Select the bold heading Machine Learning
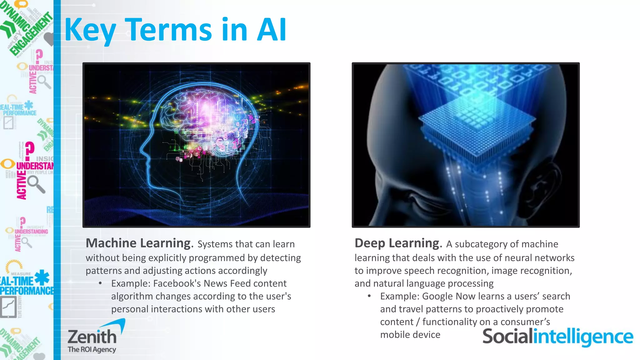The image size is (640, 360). click(138, 243)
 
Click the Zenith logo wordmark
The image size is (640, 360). click(92, 336)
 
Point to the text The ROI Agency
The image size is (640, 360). click(92, 349)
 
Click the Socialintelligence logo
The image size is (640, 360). click(557, 337)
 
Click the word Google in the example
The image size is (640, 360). click(437, 296)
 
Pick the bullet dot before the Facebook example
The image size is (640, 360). click(100, 283)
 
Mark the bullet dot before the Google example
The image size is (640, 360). click(369, 296)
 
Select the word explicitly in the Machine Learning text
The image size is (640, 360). click(168, 258)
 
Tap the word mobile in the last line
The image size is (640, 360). click(393, 335)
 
